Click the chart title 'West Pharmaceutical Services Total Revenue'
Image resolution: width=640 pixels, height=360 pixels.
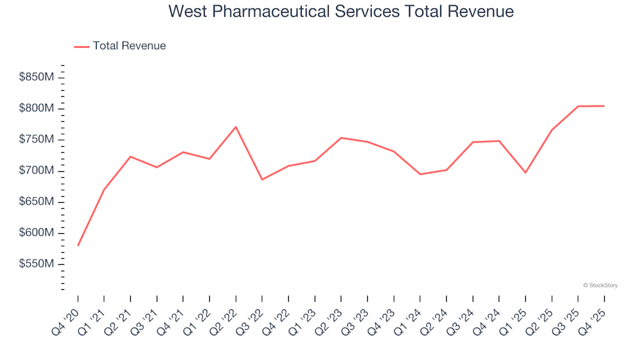pos(341,11)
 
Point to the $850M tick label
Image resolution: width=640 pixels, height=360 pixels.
pos(37,77)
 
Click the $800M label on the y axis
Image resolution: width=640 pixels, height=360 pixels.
pos(37,109)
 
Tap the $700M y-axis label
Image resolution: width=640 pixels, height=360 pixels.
pos(37,171)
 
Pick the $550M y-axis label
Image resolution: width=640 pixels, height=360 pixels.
pos(37,265)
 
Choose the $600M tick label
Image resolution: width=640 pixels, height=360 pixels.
pos(37,233)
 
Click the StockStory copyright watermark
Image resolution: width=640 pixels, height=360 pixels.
pos(600,285)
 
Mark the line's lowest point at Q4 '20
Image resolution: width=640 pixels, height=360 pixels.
pos(78,245)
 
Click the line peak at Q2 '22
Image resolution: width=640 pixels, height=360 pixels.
pos(236,127)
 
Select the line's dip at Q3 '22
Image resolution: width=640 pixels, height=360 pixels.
pos(262,179)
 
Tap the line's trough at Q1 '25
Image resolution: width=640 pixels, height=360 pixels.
pos(525,173)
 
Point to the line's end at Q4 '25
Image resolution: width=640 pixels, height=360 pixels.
pos(604,106)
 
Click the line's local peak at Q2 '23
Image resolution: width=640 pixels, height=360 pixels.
pos(341,138)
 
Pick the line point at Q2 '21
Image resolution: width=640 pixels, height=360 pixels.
pos(131,157)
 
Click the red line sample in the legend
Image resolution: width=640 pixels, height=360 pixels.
pos(81,47)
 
